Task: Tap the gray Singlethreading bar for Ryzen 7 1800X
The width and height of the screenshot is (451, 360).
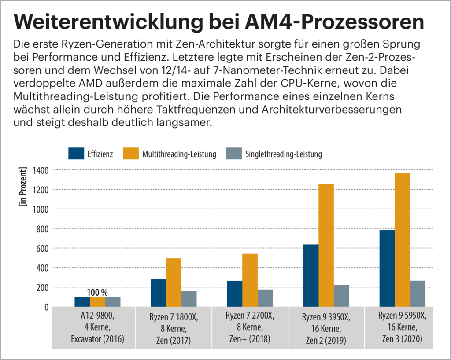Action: click(189, 299)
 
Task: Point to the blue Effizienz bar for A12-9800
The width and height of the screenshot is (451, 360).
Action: click(82, 302)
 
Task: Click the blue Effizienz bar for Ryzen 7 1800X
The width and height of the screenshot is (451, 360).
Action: click(159, 293)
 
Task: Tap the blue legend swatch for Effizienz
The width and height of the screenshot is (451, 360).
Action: click(76, 154)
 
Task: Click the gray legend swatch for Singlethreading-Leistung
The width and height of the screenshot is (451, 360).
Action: click(233, 154)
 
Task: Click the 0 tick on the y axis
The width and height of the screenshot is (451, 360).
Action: click(46, 307)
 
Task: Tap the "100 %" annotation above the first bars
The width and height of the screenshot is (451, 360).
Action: click(97, 292)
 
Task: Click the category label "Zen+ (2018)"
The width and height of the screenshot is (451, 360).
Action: click(250, 339)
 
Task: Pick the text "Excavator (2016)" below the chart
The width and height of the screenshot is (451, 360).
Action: click(97, 339)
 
